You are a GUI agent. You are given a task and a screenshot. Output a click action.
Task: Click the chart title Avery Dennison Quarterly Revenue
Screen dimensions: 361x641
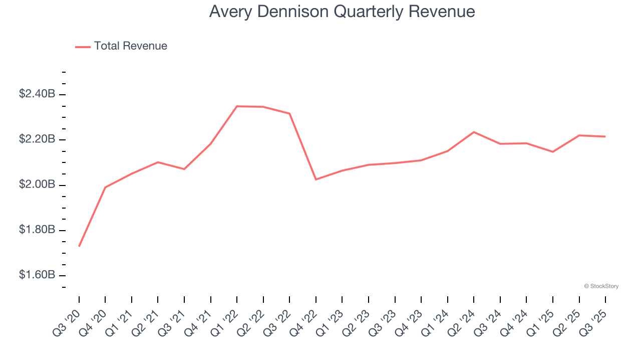coord(342,12)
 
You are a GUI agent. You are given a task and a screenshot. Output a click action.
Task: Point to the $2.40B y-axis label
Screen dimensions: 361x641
coord(37,94)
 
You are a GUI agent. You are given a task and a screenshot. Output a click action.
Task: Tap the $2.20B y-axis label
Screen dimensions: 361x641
coord(37,139)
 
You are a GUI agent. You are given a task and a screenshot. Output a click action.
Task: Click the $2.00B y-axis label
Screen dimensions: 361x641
coord(37,185)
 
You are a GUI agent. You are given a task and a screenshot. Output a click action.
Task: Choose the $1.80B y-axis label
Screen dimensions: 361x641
coord(37,230)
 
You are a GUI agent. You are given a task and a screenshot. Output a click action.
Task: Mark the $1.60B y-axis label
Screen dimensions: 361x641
coord(37,275)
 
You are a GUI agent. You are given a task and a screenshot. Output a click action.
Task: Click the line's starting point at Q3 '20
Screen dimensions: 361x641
coord(79,246)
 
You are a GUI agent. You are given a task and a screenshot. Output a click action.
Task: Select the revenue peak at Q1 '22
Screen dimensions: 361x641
coord(237,106)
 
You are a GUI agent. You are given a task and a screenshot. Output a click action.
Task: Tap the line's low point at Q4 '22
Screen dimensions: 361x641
coord(316,179)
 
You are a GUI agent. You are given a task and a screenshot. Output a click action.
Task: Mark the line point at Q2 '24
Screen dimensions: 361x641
coord(474,132)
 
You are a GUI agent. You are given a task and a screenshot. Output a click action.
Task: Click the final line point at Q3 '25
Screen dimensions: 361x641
coord(605,136)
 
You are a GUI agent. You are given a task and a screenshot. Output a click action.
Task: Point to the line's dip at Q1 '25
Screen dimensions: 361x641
coord(553,151)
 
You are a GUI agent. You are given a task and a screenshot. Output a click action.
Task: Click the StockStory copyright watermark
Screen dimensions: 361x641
coord(601,286)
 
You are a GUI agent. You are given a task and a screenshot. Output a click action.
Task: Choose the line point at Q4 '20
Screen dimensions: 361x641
coord(105,187)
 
